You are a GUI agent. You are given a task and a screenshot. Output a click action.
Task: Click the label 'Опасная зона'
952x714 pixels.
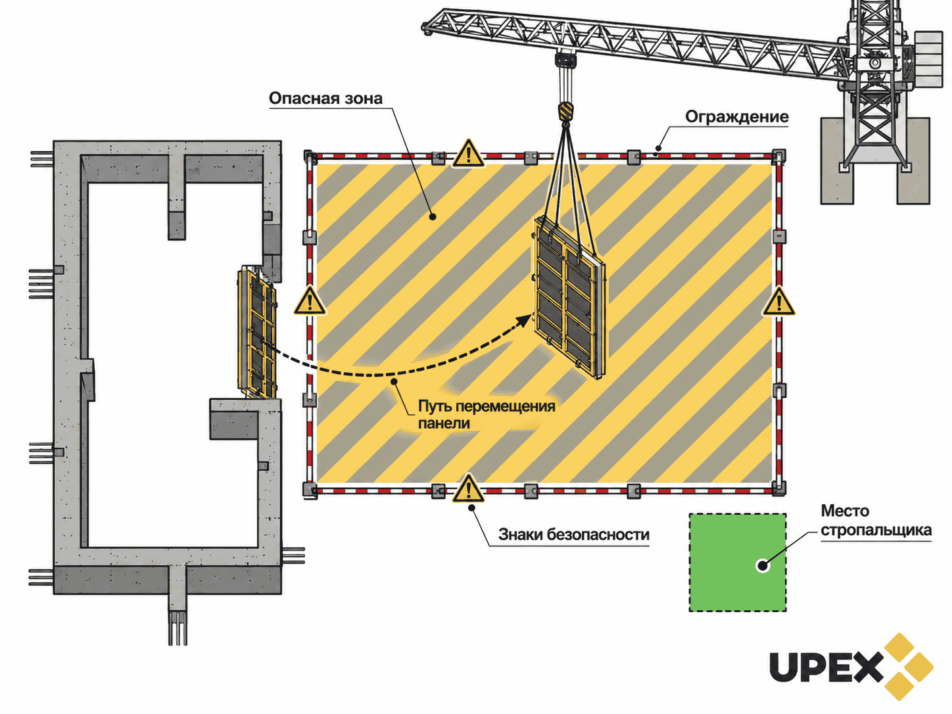pos(325,99)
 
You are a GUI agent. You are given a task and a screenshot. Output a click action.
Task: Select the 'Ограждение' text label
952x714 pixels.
pos(737,117)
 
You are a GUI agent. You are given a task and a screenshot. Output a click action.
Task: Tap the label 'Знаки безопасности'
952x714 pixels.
pos(573,535)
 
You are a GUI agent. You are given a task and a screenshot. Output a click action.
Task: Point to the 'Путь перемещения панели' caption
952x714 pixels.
pos(487,414)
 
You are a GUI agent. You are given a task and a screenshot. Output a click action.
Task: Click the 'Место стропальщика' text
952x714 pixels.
pos(876,521)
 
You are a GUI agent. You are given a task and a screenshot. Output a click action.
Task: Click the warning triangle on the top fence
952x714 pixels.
pos(468,153)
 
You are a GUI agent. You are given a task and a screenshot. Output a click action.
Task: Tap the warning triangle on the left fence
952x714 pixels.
pos(310,300)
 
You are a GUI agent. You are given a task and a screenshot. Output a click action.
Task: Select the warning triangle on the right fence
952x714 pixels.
pos(778,300)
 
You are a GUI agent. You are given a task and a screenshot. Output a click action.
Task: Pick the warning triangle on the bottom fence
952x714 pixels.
pos(468,488)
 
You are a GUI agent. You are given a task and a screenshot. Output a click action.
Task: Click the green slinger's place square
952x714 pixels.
pos(738,563)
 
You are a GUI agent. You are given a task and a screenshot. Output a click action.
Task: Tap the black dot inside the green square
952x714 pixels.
pos(763,565)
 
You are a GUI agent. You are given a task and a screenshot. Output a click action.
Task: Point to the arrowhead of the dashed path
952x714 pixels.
pos(525,321)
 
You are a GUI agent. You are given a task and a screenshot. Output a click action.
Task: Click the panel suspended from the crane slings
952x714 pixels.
pos(569,297)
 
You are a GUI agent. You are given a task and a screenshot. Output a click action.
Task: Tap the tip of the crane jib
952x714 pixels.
pos(424,27)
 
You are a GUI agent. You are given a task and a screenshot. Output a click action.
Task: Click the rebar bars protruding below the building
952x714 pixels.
pos(178,628)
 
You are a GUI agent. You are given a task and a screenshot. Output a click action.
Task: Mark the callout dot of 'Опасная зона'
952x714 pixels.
pos(433,216)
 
